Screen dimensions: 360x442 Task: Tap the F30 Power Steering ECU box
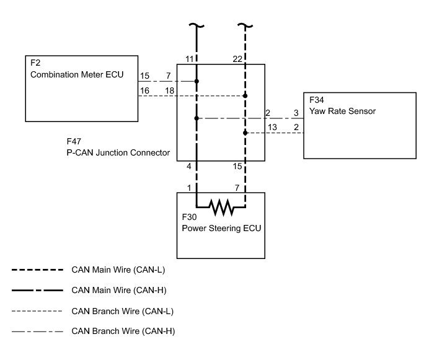pyautogui.click(x=221, y=225)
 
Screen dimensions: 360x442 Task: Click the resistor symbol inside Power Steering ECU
pyautogui.click(x=221, y=206)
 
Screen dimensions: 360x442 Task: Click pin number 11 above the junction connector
pyautogui.click(x=190, y=58)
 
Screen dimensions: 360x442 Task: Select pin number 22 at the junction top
pyautogui.click(x=237, y=58)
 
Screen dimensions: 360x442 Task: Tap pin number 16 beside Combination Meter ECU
pyautogui.click(x=144, y=90)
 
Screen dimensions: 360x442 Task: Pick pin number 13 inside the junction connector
pyautogui.click(x=272, y=127)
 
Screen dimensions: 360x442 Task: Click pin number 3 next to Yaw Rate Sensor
pyautogui.click(x=296, y=113)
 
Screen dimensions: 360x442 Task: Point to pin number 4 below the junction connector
pyautogui.click(x=188, y=166)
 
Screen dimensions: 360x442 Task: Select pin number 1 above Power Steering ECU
pyautogui.click(x=188, y=187)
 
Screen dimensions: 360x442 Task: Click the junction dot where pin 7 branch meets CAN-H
pyautogui.click(x=197, y=81)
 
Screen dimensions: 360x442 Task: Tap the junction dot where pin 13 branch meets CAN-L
pyautogui.click(x=245, y=133)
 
